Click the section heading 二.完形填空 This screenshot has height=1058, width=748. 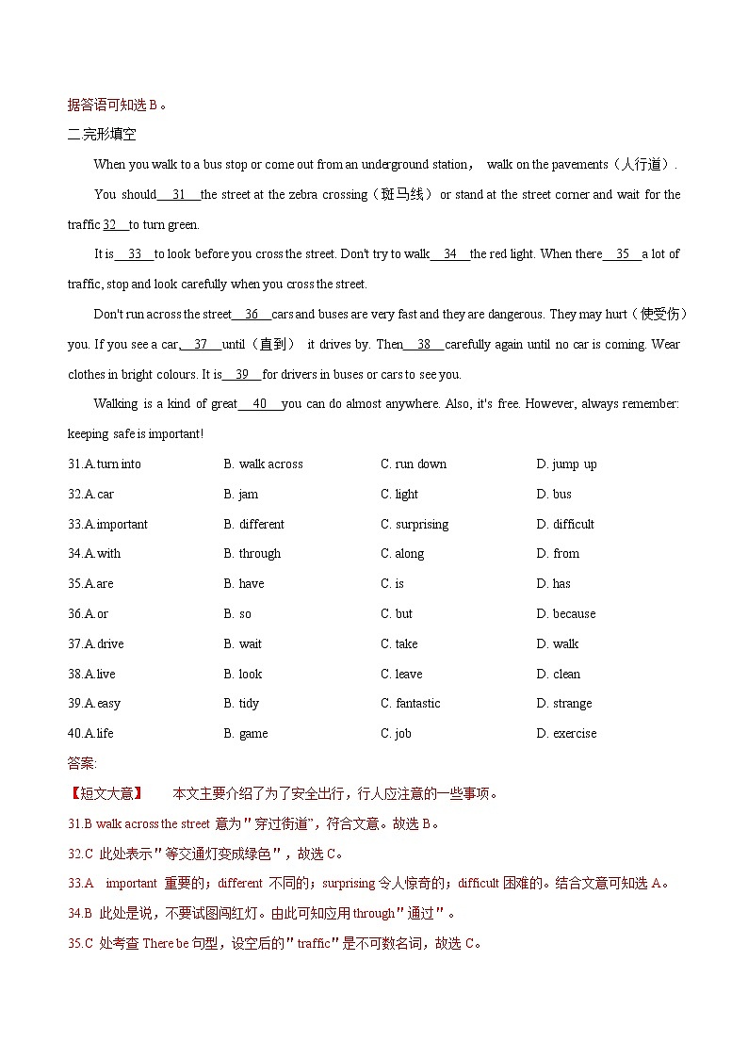pos(102,134)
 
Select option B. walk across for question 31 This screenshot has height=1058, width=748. pos(263,464)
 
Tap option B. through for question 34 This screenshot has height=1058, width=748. pos(252,553)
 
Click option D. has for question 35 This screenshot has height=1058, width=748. pos(553,583)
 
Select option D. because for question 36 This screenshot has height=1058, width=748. pos(565,613)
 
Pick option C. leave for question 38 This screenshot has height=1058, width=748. pos(401,674)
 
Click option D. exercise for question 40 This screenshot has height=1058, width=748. pos(566,733)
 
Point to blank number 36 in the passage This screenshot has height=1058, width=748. pos(252,315)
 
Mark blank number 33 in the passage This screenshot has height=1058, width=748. pos(135,254)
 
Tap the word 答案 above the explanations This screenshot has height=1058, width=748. pos(82,763)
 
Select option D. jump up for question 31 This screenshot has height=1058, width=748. pos(566,464)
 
